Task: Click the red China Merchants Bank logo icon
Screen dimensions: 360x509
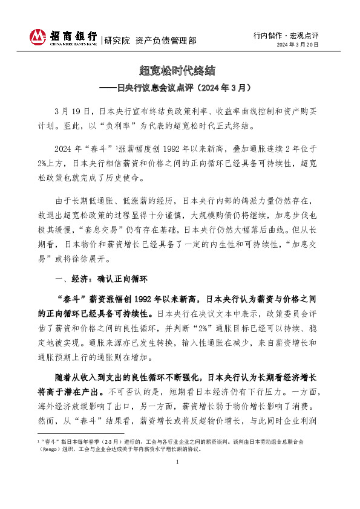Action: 39,37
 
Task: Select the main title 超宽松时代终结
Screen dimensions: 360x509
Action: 180,71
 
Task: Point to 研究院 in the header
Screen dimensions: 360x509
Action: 117,41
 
